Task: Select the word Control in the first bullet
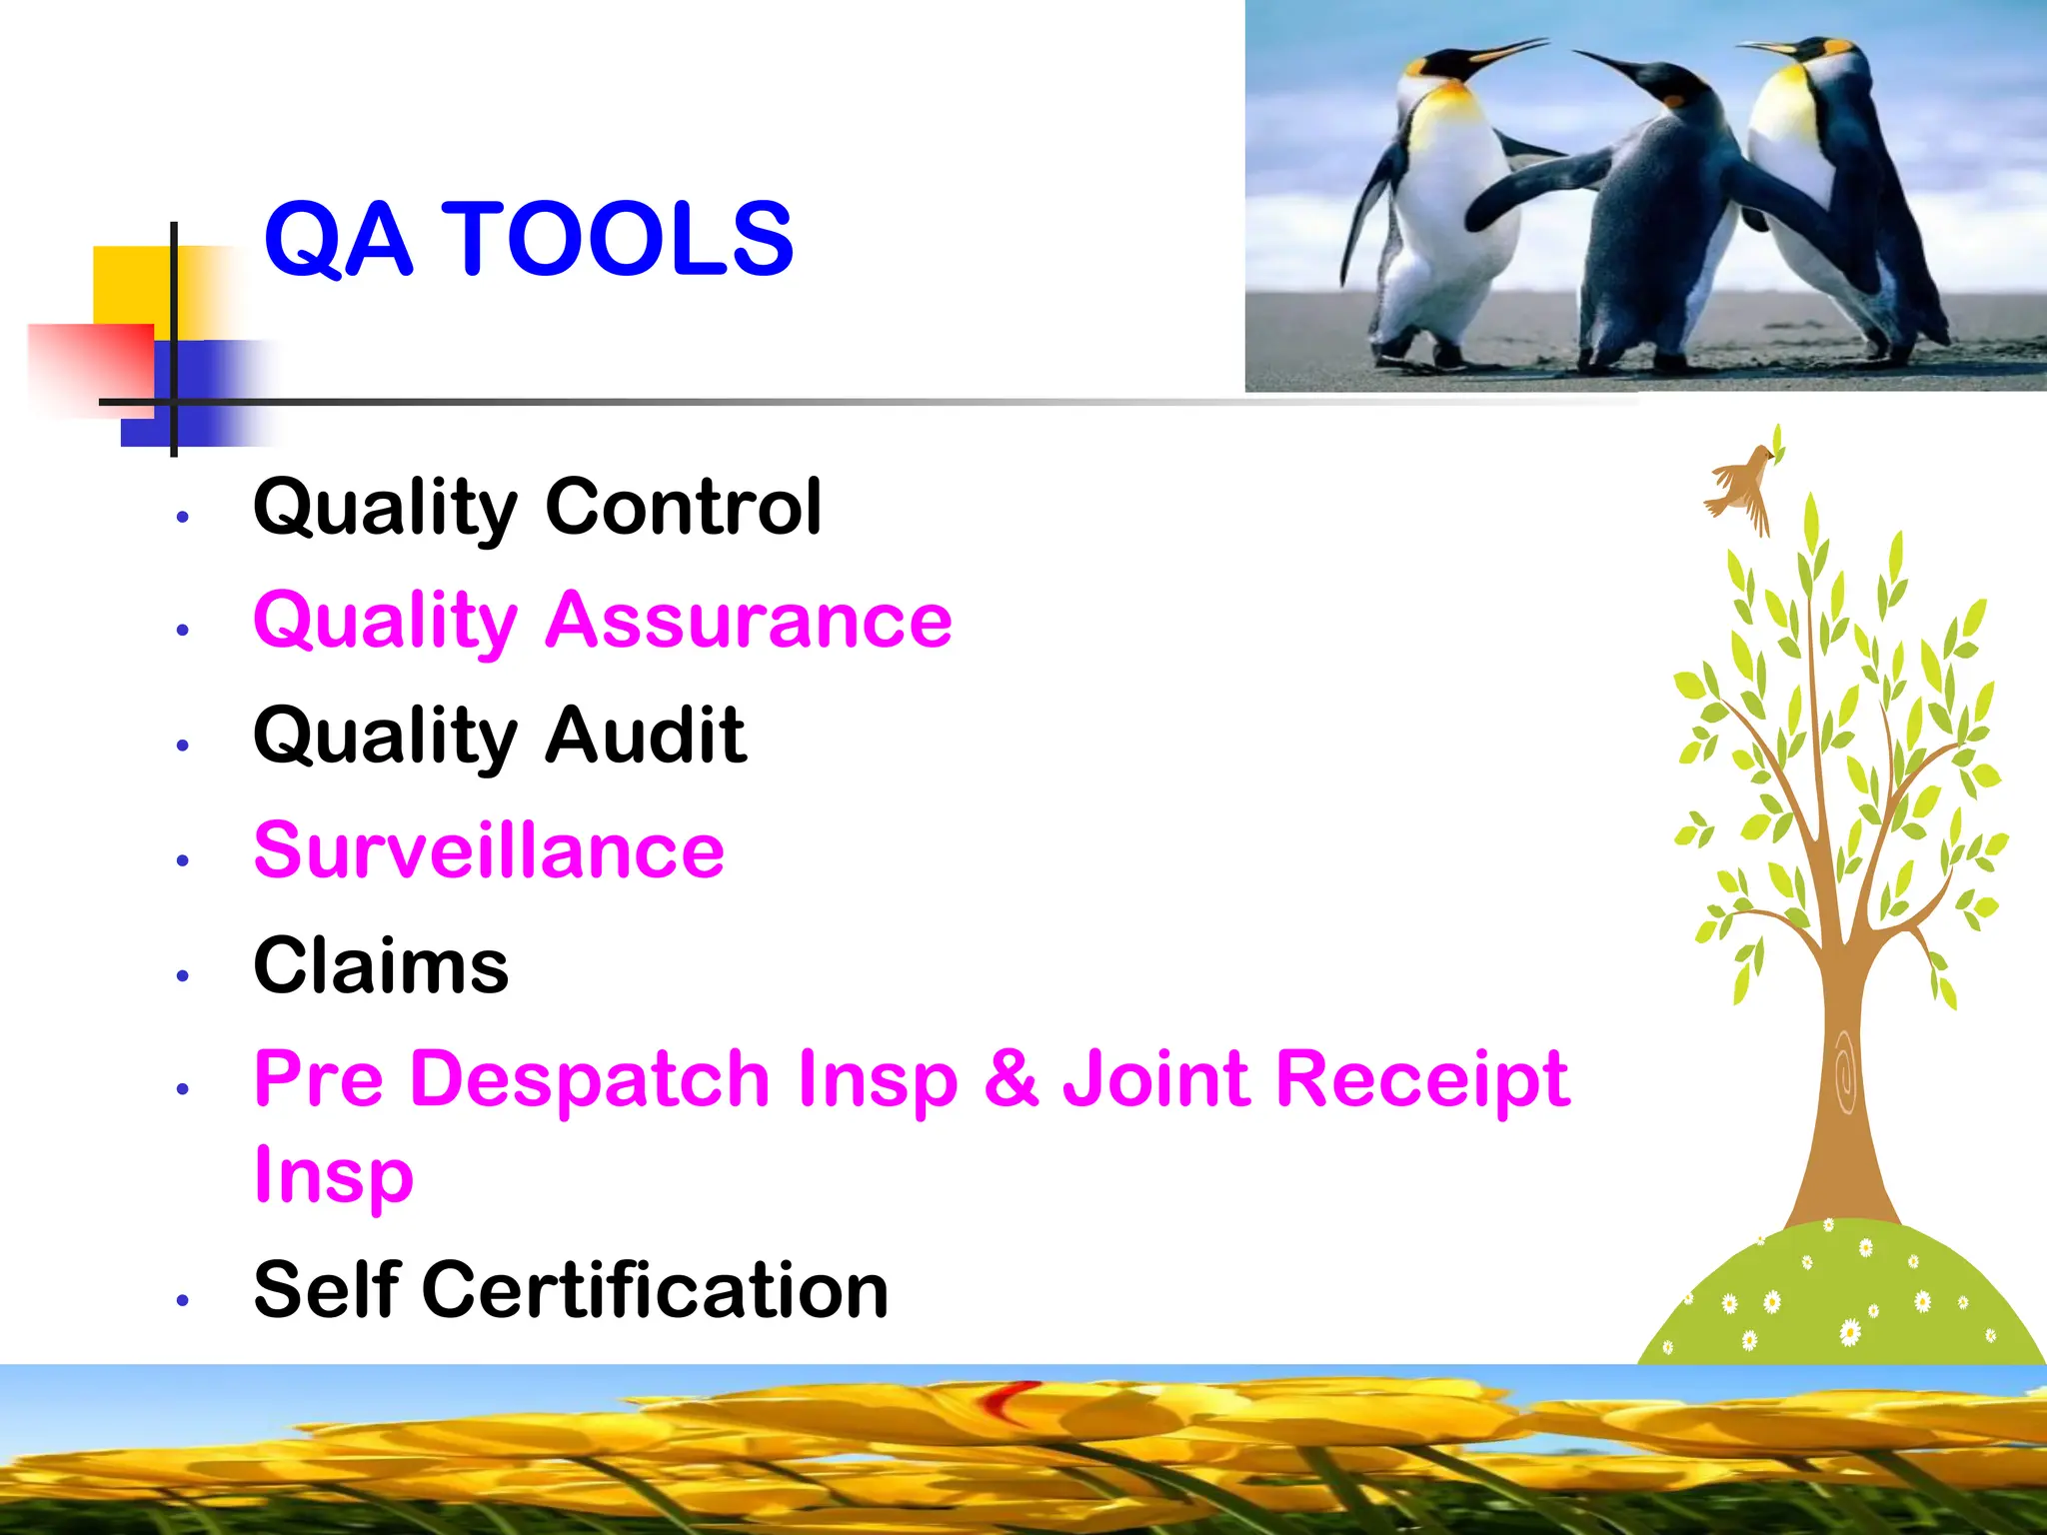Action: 683,507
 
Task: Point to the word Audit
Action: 646,735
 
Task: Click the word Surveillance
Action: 489,850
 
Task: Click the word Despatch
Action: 589,1078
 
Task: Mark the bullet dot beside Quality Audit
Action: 182,746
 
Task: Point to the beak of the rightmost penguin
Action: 1764,46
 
